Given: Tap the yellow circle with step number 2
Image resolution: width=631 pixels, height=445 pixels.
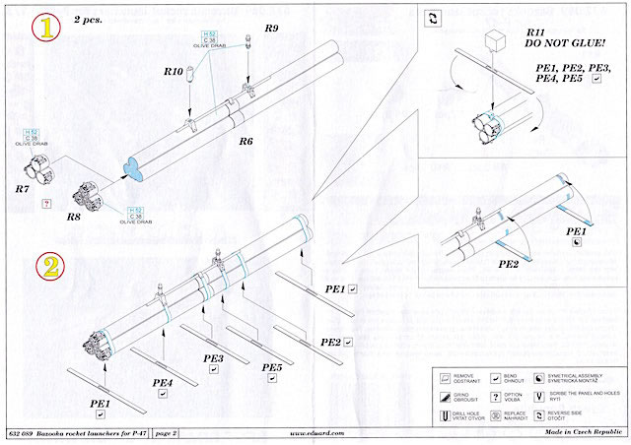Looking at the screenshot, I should coord(48,266).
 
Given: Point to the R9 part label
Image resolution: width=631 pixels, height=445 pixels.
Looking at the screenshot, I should coord(270,30).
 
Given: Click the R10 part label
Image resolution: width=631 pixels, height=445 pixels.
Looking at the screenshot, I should coord(173,72).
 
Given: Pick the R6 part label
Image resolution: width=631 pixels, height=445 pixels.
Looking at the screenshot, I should coord(246,141).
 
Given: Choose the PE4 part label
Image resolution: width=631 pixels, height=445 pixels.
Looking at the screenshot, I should coord(163,381).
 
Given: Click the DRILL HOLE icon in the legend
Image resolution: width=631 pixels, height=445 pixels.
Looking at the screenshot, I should coord(444,414).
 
